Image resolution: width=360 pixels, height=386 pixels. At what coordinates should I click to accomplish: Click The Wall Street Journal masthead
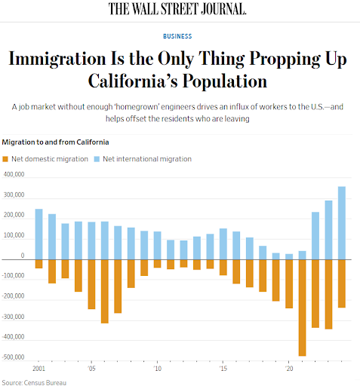pyautogui.click(x=177, y=9)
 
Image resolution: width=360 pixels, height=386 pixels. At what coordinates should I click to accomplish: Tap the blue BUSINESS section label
pyautogui.click(x=177, y=36)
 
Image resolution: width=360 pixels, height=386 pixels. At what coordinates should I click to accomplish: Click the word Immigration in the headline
pyautogui.click(x=57, y=60)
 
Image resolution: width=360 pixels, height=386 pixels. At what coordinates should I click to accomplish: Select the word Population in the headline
pyautogui.click(x=225, y=81)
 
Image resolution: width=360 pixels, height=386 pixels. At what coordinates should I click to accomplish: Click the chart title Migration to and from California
pyautogui.click(x=55, y=142)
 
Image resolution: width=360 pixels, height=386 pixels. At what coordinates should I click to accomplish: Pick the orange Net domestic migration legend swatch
pyautogui.click(x=5, y=159)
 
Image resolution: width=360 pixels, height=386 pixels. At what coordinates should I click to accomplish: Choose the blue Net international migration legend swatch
pyautogui.click(x=97, y=159)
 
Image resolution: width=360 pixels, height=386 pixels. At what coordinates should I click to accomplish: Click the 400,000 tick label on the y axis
pyautogui.click(x=14, y=174)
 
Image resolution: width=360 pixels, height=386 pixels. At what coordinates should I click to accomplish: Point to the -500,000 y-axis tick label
pyautogui.click(x=13, y=357)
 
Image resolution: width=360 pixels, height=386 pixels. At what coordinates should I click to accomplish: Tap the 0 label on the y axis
pyautogui.click(x=23, y=256)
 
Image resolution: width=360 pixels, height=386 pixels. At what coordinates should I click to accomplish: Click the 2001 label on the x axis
pyautogui.click(x=38, y=369)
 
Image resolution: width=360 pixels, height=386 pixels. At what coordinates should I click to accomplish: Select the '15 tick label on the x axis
pyautogui.click(x=223, y=369)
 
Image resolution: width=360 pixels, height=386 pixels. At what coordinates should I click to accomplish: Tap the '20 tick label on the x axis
pyautogui.click(x=289, y=369)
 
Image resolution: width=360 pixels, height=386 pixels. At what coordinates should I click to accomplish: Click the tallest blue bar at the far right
pyautogui.click(x=342, y=223)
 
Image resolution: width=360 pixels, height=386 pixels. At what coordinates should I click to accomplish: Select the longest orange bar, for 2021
pyautogui.click(x=302, y=308)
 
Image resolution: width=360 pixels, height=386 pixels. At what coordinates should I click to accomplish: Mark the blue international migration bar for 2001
pyautogui.click(x=38, y=234)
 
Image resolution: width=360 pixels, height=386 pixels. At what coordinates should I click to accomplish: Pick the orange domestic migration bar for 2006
pyautogui.click(x=105, y=291)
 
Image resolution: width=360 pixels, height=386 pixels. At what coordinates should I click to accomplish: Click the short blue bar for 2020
pyautogui.click(x=289, y=256)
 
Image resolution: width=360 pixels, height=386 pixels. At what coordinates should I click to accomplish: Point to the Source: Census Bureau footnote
pyautogui.click(x=34, y=383)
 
